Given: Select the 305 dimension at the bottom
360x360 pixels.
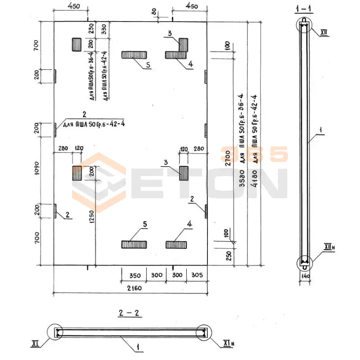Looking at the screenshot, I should pos(197,275).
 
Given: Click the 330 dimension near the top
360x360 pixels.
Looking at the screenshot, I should pos(104,29).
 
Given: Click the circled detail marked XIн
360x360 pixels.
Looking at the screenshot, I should pos(203,333).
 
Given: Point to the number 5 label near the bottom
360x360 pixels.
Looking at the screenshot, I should pos(145,224).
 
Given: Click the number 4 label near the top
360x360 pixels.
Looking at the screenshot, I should pos(190,64).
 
